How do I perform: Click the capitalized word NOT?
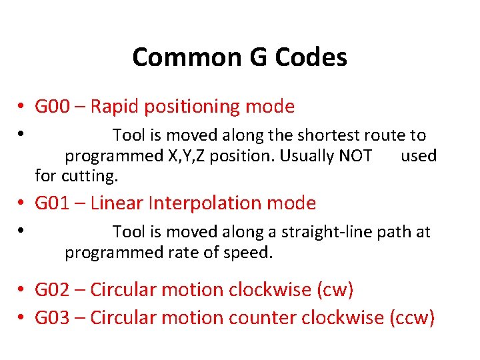click(x=355, y=156)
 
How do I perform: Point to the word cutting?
click(x=90, y=177)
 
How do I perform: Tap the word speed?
click(x=252, y=253)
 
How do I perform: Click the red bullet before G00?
click(x=22, y=107)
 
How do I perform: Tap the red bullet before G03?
click(x=22, y=318)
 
